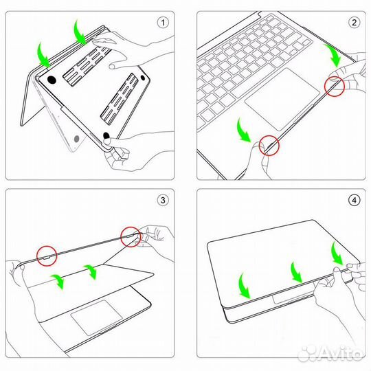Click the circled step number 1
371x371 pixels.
[x=163, y=22]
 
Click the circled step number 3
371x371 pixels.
[x=163, y=201]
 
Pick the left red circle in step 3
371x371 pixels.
[x=46, y=256]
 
